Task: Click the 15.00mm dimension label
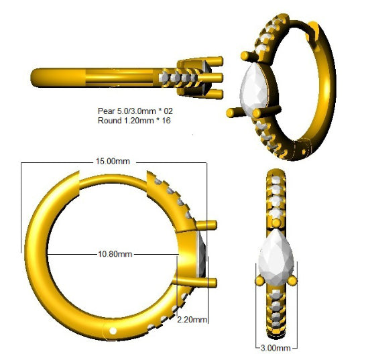113,162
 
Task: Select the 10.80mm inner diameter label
115,254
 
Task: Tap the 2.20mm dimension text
192,319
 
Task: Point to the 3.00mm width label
276,348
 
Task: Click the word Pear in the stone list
106,111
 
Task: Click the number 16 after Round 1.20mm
166,121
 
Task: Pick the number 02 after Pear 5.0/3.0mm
168,111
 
